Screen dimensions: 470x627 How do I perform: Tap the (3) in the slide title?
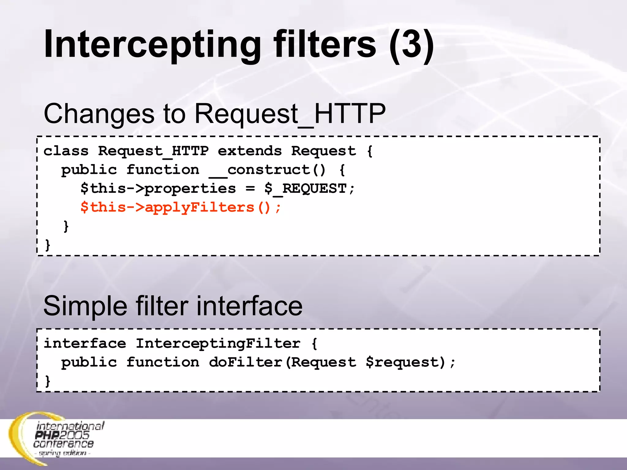point(411,45)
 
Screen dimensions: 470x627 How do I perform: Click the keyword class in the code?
point(66,151)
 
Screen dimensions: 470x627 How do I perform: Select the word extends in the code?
point(250,151)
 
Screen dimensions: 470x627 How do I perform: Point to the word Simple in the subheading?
point(85,306)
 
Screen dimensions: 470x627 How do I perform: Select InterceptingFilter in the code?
point(218,344)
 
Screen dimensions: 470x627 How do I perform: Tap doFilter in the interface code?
point(245,363)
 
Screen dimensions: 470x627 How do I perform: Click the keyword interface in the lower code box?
point(85,344)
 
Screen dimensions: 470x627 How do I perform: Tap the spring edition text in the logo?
point(62,453)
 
